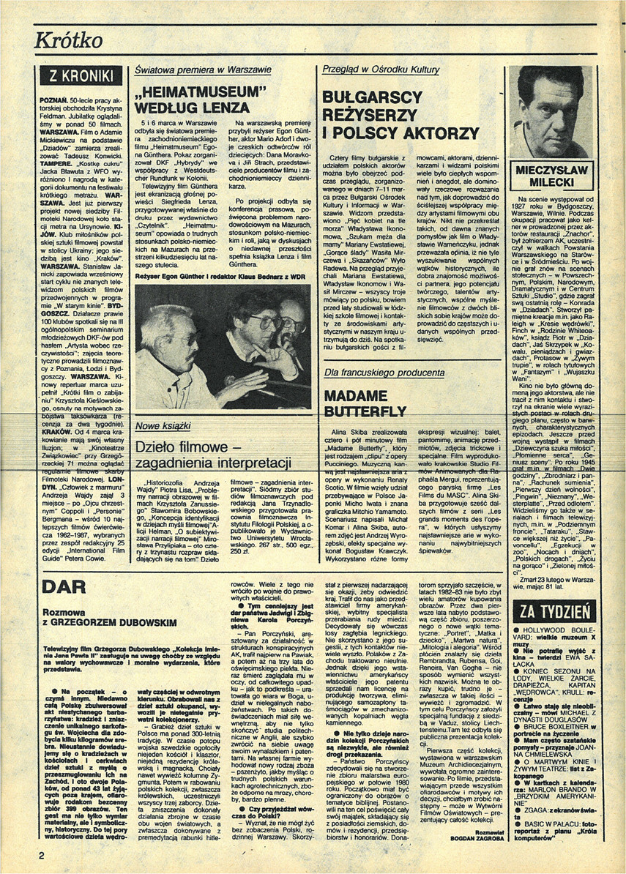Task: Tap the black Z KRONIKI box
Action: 81,77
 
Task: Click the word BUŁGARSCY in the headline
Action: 373,98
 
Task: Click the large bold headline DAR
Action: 65,586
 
